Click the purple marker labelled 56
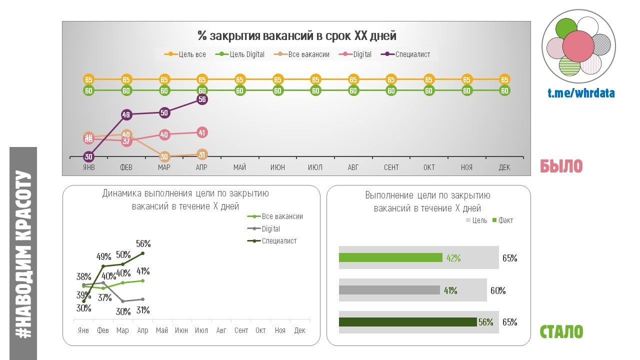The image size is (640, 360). coord(202,99)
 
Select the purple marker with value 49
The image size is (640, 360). coord(126,115)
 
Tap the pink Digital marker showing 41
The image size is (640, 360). coord(202,132)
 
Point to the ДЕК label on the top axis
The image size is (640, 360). coord(504,167)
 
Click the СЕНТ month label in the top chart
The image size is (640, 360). coord(391,167)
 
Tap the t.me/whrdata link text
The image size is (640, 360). coord(581,93)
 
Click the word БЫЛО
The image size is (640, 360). coord(561,166)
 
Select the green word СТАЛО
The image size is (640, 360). coord(561,331)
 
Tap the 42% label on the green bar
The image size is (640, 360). coord(453,258)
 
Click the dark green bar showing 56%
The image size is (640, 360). coord(407,322)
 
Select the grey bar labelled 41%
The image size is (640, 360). coord(389,290)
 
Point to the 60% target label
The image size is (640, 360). coord(498,290)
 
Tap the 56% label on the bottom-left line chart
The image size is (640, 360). coord(143,243)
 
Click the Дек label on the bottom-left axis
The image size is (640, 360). coord(299,330)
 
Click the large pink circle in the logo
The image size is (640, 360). coord(578,46)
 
